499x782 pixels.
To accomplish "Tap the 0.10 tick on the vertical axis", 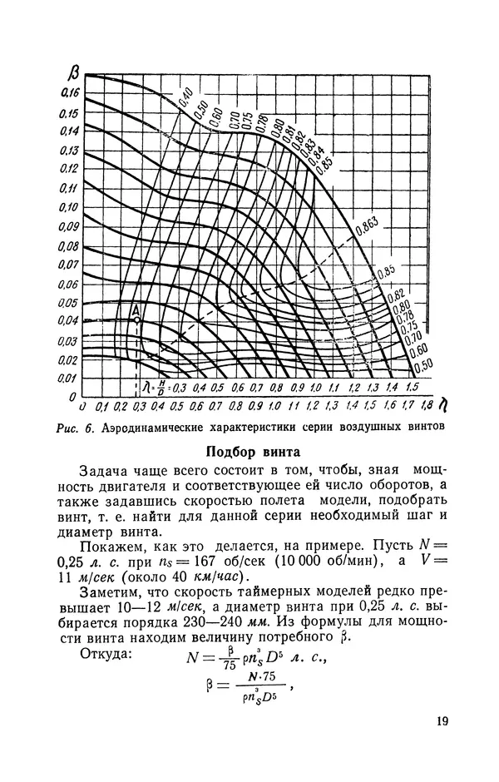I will pos(68,207).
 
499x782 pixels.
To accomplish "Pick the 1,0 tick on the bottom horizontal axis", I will pos(276,407).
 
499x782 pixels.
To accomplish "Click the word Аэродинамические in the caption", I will pos(158,428).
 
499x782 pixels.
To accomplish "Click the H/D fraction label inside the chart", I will pos(161,389).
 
